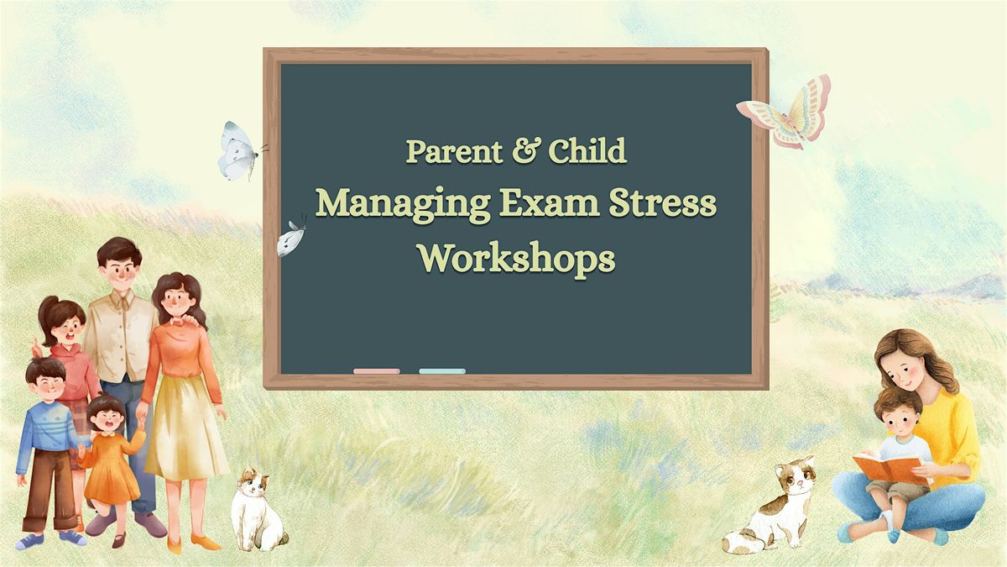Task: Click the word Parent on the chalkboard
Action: [455, 151]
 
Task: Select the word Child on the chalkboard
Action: [587, 150]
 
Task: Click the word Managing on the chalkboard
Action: [403, 205]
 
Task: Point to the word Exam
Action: [550, 203]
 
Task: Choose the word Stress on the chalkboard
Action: [662, 203]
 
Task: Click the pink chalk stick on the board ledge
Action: [377, 371]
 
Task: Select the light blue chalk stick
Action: [442, 371]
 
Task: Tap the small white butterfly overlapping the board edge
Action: [290, 239]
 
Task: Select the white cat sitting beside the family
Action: [256, 511]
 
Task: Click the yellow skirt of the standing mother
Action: [185, 428]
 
